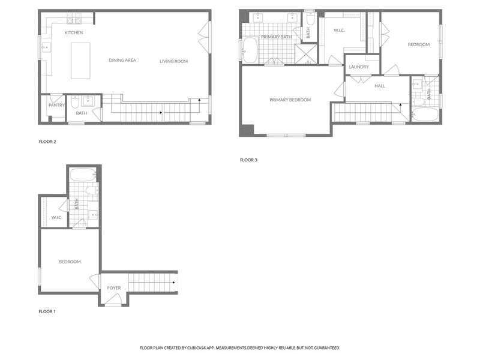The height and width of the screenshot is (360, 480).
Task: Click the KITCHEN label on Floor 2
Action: pos(74,32)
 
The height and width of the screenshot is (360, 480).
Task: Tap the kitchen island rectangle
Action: pos(80,60)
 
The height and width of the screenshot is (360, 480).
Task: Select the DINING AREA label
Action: pos(122,60)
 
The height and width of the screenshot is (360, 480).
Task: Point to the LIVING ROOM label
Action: pos(173,61)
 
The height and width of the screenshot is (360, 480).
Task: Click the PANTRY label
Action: pos(56,106)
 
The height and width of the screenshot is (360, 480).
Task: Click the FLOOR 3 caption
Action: pos(248,160)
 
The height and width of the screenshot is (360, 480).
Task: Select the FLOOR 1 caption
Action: pos(47,312)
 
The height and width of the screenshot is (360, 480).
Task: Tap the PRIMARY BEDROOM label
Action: pos(290,100)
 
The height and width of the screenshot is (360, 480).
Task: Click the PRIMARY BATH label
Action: pos(276,37)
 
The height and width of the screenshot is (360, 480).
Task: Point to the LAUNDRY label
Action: pos(358,67)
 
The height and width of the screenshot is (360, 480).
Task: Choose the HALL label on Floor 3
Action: pos(379,86)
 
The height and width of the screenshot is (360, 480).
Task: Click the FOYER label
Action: pos(114,288)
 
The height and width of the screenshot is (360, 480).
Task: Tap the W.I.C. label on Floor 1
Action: pos(57,217)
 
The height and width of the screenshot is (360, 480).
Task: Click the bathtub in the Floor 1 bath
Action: pos(82,176)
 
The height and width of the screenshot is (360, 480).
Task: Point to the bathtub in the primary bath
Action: pos(250,50)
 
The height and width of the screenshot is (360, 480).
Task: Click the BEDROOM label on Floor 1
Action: pos(70,262)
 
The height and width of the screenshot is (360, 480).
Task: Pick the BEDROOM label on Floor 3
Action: pos(418,44)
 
